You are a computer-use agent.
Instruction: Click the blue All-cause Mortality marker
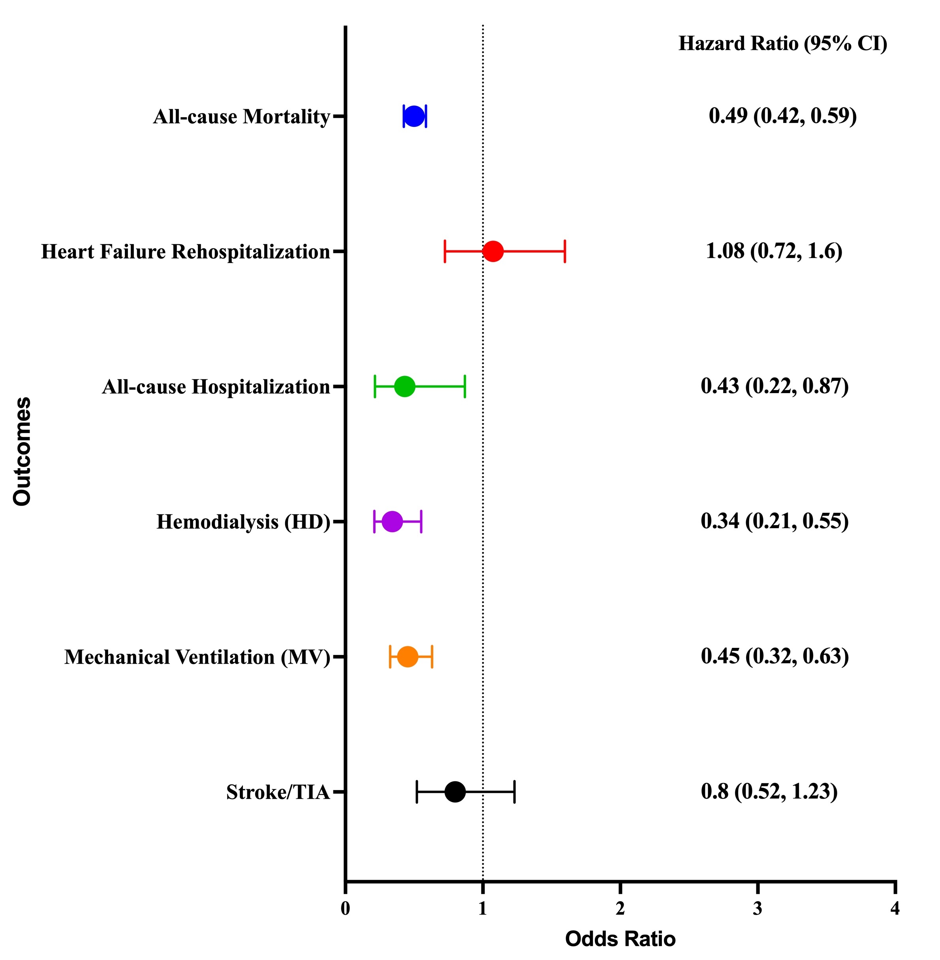pos(414,116)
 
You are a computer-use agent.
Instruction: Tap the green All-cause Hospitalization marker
pos(405,386)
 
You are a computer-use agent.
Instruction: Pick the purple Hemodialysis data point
pos(393,521)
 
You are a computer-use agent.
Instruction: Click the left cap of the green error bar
pos(375,386)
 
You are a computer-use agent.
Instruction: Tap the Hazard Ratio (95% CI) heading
pos(782,43)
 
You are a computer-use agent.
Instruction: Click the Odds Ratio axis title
pos(620,939)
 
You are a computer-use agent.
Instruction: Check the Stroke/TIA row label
pos(278,792)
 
